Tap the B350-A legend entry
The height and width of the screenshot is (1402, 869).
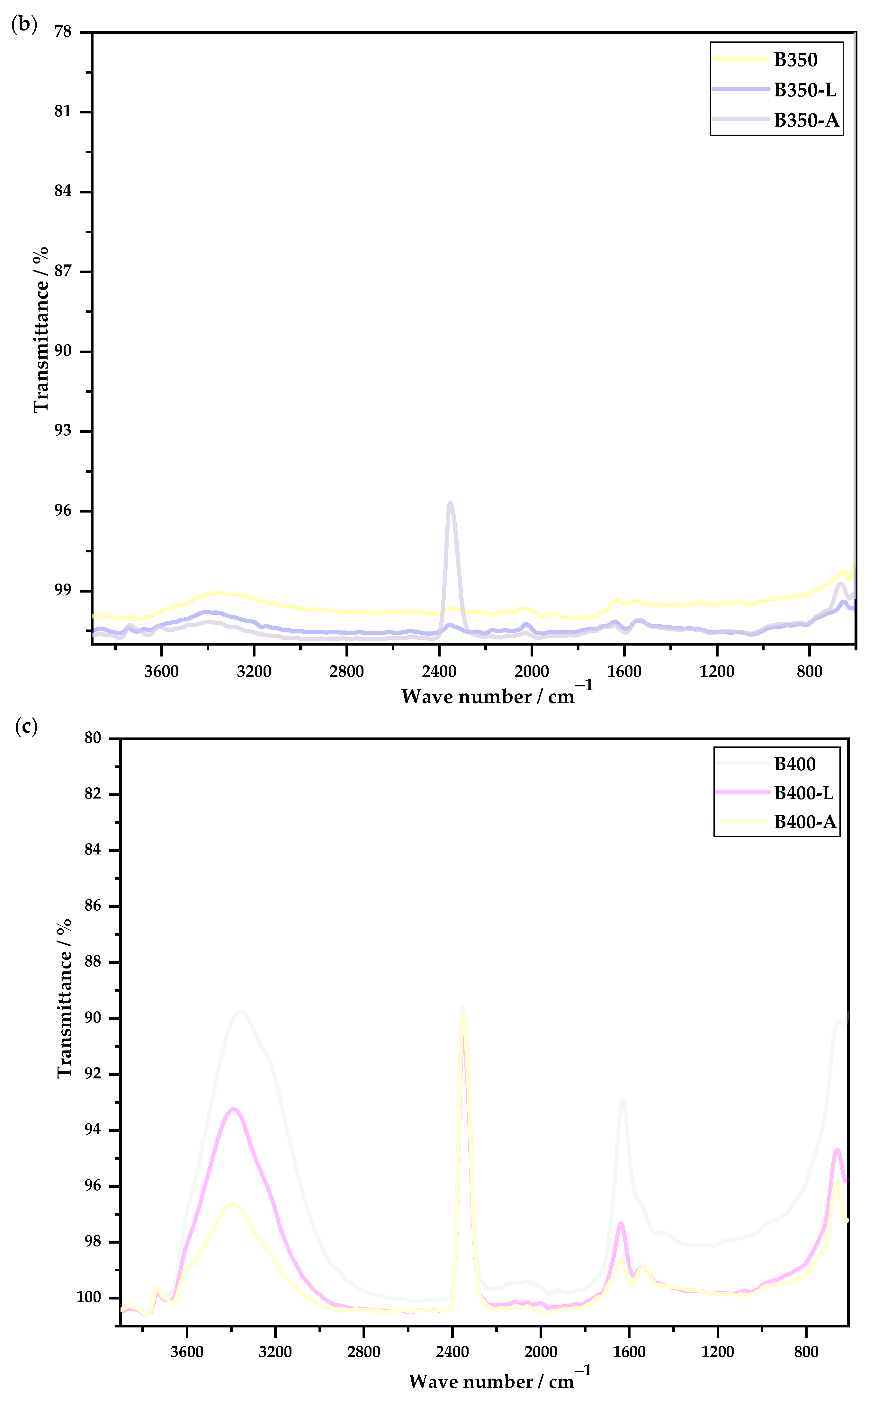806,120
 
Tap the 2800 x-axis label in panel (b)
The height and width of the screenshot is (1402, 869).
346,671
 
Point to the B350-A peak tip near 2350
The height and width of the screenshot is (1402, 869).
450,503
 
